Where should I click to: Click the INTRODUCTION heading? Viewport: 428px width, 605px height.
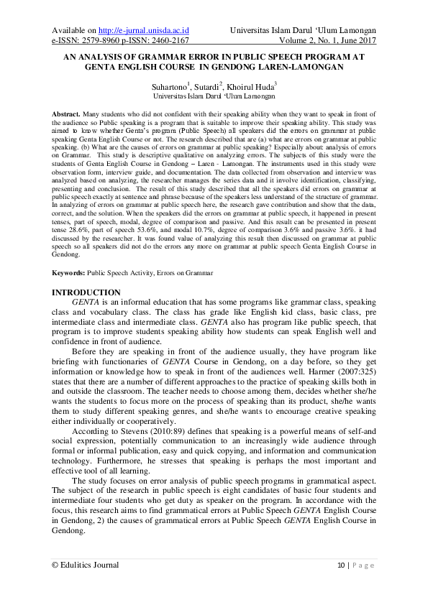86,292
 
